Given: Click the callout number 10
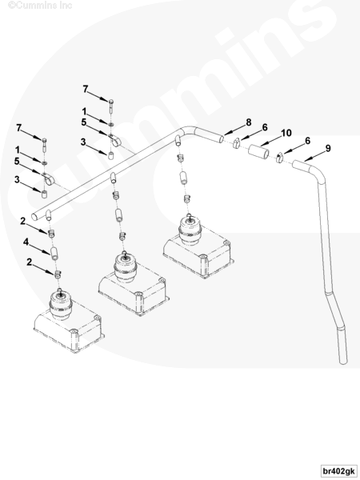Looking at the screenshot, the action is point(286,133).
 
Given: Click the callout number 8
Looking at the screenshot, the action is point(249,122).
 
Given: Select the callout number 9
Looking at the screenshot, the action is point(328,149).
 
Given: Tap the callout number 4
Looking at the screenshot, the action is point(26,242).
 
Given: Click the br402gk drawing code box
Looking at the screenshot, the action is point(339,471).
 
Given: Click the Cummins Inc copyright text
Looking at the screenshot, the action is point(40,6).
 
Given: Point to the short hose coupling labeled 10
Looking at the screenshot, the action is point(258,151).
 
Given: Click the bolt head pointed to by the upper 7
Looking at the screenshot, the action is point(111,101).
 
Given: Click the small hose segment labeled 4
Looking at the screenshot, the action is point(54,254).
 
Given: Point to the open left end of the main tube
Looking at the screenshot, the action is point(34,217).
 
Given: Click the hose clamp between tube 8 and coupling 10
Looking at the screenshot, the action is point(237,143).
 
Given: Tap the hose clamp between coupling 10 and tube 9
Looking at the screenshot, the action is point(279,158).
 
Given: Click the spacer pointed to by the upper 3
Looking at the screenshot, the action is point(111,155).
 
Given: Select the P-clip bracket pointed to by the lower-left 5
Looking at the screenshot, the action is point(48,179).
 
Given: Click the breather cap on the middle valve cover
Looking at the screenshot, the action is point(126,267).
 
